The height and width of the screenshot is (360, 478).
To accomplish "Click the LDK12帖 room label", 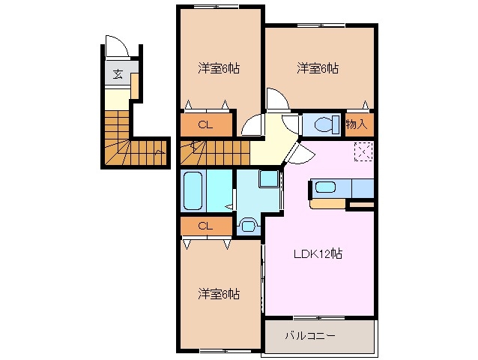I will point(317,253).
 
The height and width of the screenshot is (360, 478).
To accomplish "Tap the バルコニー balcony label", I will point(310,335).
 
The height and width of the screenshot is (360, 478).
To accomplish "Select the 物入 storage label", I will point(357,124).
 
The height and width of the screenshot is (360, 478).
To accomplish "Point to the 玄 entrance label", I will point(118,73).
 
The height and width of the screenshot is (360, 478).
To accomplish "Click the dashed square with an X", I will point(363,151).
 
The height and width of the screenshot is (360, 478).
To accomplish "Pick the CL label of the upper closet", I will point(204,125).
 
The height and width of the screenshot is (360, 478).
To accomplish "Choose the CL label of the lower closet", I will point(204,226).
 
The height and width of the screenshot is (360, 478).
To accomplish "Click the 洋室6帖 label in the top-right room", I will point(318,69).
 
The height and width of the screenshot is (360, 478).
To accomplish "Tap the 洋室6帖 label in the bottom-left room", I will point(219,293).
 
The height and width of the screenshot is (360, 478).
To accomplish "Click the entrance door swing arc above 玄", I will point(117,45).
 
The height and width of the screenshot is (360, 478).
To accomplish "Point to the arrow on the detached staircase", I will point(158,154).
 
